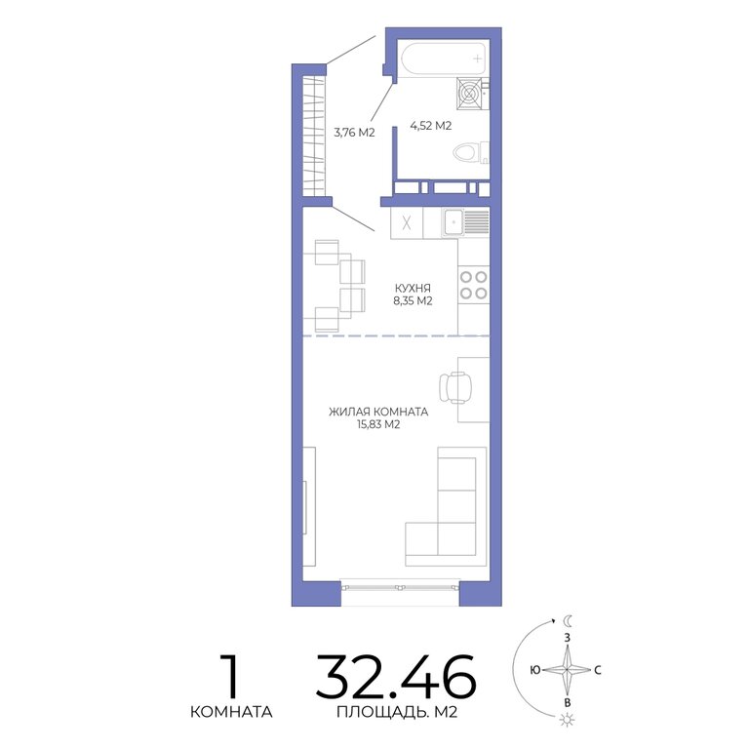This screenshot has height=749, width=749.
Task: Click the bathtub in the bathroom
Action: pyautogui.click(x=444, y=59)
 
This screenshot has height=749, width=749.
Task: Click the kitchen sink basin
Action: pyautogui.click(x=453, y=222)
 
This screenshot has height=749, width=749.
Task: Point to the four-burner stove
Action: pyautogui.click(x=473, y=285)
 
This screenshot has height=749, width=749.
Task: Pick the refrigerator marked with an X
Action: pyautogui.click(x=407, y=222)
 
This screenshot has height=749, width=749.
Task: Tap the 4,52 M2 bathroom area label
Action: pyautogui.click(x=431, y=126)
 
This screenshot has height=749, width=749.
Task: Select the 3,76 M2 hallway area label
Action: pyautogui.click(x=354, y=133)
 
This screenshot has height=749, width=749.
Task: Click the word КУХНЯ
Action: pyautogui.click(x=413, y=288)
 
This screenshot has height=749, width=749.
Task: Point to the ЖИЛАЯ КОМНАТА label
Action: pyautogui.click(x=378, y=412)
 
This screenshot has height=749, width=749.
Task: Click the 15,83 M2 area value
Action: pyautogui.click(x=378, y=424)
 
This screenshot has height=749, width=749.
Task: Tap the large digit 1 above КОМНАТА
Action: pyautogui.click(x=231, y=676)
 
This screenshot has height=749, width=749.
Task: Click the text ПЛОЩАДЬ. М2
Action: pyautogui.click(x=397, y=712)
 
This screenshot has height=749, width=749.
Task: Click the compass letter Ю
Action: pyautogui.click(x=535, y=670)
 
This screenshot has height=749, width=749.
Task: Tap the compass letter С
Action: pyautogui.click(x=598, y=670)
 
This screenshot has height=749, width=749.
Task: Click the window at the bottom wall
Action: pyautogui.click(x=400, y=587)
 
